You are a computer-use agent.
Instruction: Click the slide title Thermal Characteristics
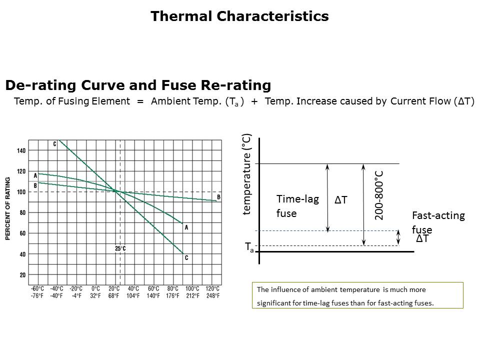click(x=239, y=16)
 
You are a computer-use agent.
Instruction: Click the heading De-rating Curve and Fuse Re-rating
click(x=138, y=85)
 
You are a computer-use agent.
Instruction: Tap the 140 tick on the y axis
click(x=21, y=150)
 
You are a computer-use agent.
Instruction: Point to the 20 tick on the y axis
click(x=22, y=275)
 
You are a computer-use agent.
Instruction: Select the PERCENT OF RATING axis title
click(x=8, y=208)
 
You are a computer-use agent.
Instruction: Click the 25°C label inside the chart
click(x=120, y=248)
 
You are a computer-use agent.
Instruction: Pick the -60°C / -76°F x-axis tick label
click(x=37, y=291)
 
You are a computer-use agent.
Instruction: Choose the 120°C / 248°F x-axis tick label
click(x=212, y=291)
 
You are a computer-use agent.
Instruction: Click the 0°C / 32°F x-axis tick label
click(x=95, y=291)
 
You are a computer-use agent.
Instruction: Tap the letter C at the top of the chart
click(x=55, y=144)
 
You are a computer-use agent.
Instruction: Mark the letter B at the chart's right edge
click(x=218, y=196)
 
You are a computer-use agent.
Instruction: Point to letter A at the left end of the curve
click(x=35, y=175)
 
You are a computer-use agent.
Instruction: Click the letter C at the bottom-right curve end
click(x=186, y=257)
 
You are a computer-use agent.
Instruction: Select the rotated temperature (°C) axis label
click(x=246, y=174)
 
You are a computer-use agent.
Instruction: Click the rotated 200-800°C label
click(x=378, y=194)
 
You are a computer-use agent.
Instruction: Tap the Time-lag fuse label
click(x=297, y=206)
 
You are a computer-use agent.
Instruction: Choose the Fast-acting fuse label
click(x=438, y=222)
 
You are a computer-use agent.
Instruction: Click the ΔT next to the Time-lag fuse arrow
click(x=340, y=200)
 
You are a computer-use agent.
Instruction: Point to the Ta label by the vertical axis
click(x=248, y=246)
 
